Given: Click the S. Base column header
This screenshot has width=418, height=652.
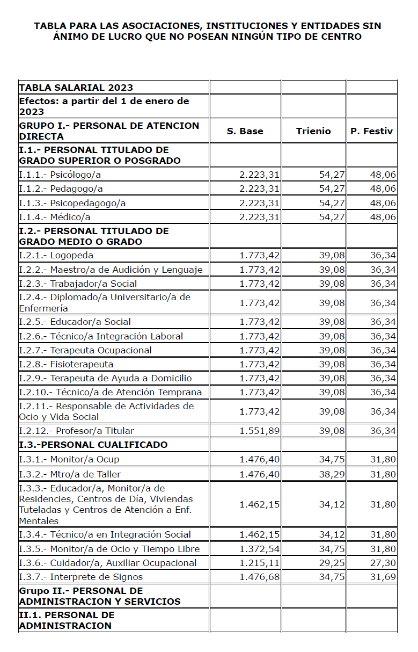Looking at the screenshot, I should pyautogui.click(x=245, y=131).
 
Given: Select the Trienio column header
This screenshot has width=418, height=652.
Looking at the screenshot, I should pyautogui.click(x=313, y=131).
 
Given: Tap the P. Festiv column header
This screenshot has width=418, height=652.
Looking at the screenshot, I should pyautogui.click(x=372, y=131).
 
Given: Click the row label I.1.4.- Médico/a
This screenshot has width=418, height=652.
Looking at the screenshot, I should pyautogui.click(x=55, y=217).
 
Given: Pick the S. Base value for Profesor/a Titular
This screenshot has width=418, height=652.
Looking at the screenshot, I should pyautogui.click(x=259, y=431).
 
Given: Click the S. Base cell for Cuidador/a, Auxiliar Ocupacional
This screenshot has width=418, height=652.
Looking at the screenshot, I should pyautogui.click(x=259, y=563).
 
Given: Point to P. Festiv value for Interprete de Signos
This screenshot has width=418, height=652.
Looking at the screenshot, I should pyautogui.click(x=383, y=577).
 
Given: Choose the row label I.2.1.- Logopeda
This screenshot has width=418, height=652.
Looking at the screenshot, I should pyautogui.click(x=56, y=255).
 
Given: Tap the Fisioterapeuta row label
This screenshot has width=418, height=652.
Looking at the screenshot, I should pyautogui.click(x=66, y=364).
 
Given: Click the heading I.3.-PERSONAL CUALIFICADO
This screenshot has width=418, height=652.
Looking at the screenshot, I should pyautogui.click(x=93, y=445).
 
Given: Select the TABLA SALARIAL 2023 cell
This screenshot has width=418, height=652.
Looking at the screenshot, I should pyautogui.click(x=76, y=88).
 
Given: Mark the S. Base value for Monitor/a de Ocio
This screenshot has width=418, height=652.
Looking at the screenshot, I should pyautogui.click(x=259, y=549).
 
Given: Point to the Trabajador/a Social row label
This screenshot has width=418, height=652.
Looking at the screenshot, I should pyautogui.click(x=78, y=283).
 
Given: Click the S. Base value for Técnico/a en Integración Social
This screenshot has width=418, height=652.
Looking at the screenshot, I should pyautogui.click(x=259, y=534).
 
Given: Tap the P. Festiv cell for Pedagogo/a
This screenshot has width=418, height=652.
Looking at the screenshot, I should pyautogui.click(x=383, y=189).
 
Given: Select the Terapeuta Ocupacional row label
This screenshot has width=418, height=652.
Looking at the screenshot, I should pyautogui.click(x=85, y=350).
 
